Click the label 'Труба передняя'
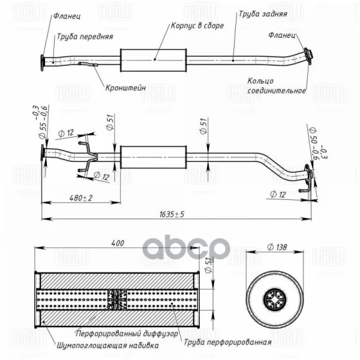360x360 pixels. click(85, 37)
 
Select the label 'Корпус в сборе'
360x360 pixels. click(197, 25)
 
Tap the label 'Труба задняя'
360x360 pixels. click(263, 14)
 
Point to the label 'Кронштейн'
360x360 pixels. click(125, 88)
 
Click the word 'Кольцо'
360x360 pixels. click(260, 81)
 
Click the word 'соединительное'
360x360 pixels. click(277, 91)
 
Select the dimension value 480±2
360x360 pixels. click(81, 198)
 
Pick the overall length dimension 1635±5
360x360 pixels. click(172, 214)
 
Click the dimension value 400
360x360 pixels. click(118, 243)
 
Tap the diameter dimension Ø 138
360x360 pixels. click(277, 247)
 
